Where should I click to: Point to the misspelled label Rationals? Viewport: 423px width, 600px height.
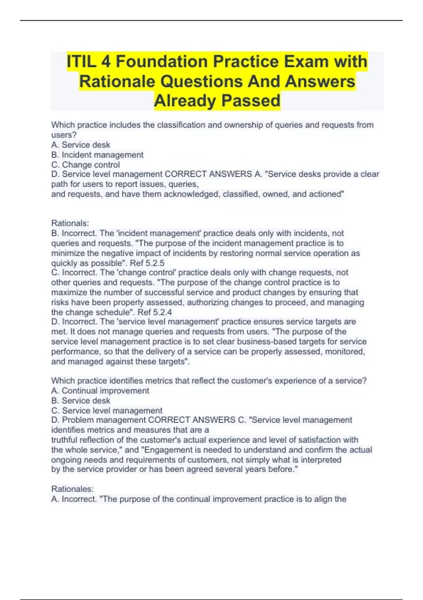point(70,223)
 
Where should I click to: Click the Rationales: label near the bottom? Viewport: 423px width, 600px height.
point(72,489)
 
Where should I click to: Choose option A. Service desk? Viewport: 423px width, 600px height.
point(81,145)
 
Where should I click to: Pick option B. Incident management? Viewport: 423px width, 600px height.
point(97,155)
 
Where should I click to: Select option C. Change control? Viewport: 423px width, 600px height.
point(86,164)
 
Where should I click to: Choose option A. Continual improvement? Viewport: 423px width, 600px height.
point(100,391)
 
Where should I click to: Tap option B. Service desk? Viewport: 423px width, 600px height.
point(81,401)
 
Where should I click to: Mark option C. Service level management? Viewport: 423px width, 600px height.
point(107,410)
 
